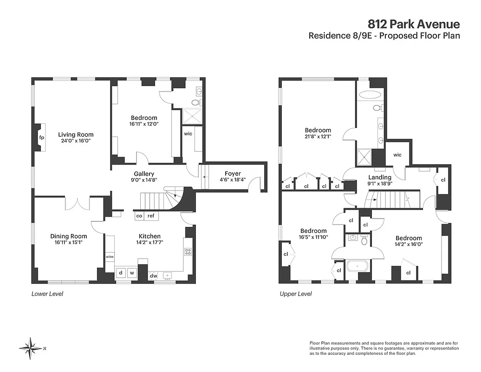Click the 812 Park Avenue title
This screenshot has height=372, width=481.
tap(414, 24)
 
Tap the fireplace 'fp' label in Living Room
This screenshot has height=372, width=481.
tap(41, 138)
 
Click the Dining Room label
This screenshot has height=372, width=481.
tap(69, 236)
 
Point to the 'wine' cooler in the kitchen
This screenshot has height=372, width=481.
tap(110, 257)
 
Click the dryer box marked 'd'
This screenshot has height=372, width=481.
tap(121, 272)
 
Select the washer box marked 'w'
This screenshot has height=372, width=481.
tap(132, 272)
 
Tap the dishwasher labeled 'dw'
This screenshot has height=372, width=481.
tap(153, 276)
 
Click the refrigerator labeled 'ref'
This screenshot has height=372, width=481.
tap(151, 216)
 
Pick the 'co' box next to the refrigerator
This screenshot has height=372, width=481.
tap(139, 216)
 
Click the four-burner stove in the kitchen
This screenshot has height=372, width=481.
tap(188, 252)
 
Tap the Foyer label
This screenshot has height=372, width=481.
tap(233, 173)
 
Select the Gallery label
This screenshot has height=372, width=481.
tap(144, 173)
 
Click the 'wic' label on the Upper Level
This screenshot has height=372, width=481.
tap(397, 155)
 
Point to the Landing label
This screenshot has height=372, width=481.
tap(380, 177)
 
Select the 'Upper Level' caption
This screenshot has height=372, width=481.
tap(296, 294)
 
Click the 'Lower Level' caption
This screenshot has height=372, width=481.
tap(47, 294)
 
